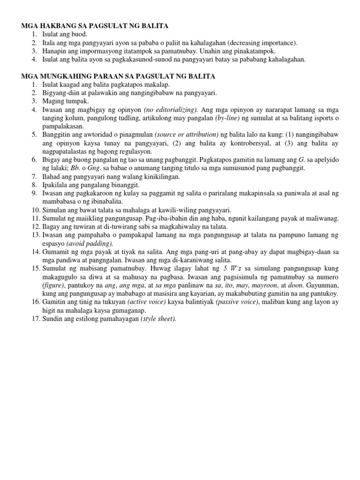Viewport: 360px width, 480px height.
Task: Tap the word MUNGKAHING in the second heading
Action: pyautogui.click(x=66, y=76)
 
